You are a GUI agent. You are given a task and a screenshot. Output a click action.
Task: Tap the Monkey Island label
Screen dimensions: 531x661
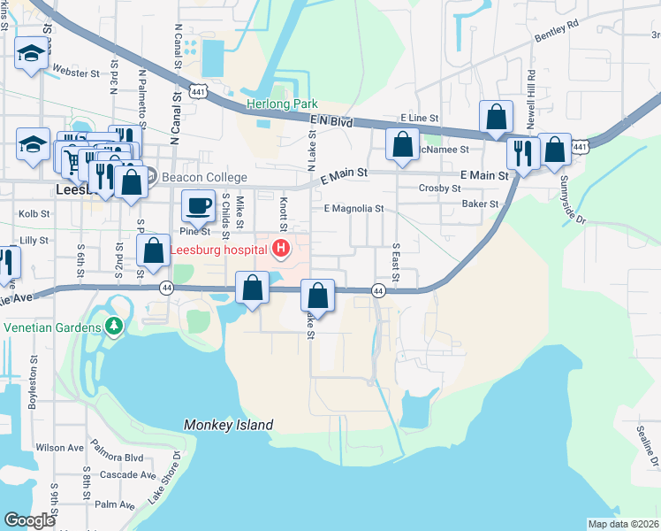click(229, 426)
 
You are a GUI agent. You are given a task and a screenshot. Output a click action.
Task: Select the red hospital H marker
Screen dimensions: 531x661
click(281, 250)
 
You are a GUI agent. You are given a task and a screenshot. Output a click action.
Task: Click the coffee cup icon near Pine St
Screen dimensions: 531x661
click(197, 205)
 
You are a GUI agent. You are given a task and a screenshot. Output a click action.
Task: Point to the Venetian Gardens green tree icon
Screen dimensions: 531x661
click(113, 327)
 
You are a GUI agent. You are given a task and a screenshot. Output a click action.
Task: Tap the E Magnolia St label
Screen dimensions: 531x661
click(353, 209)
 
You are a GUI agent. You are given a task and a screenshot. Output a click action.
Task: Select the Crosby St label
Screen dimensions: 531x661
click(440, 189)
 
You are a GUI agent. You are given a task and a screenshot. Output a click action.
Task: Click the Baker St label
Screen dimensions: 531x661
click(481, 204)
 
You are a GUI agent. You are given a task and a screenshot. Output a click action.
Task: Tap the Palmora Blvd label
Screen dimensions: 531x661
click(121, 458)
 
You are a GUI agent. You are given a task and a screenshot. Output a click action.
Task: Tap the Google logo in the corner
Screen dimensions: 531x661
click(29, 520)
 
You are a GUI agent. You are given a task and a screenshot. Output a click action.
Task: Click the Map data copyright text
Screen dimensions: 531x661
click(622, 524)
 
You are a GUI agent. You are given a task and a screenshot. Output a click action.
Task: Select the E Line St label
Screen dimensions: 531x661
click(419, 118)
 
